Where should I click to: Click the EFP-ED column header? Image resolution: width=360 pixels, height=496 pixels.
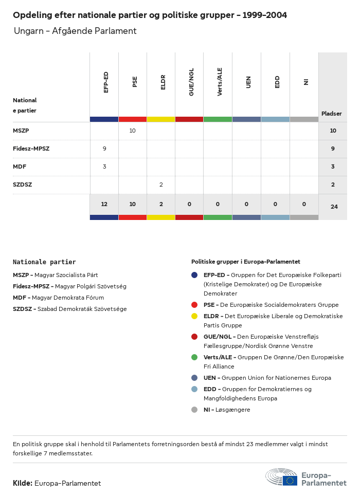(106, 82)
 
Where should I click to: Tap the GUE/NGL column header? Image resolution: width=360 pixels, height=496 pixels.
(191, 82)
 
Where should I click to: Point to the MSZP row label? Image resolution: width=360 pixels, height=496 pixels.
(21, 131)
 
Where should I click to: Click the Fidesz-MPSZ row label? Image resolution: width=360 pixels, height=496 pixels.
(31, 149)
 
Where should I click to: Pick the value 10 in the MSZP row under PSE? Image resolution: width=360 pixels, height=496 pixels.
(132, 131)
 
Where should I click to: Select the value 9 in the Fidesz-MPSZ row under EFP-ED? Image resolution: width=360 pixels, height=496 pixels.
(104, 149)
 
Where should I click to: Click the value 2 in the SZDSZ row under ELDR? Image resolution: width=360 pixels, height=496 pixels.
(161, 185)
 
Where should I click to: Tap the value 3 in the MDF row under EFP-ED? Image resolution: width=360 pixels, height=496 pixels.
(104, 167)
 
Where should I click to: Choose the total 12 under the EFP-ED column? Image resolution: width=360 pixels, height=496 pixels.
(104, 204)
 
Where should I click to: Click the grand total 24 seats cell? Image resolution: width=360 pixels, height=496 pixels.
(333, 207)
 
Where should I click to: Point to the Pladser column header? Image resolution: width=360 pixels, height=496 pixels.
(332, 114)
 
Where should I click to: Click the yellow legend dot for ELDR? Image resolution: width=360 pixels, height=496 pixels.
(194, 316)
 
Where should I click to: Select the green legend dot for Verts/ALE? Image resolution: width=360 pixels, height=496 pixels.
(194, 357)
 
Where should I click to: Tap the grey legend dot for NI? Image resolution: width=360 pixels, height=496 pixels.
(194, 410)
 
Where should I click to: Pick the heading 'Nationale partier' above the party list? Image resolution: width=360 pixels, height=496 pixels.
(44, 262)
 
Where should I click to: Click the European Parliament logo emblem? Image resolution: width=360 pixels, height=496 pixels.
(281, 477)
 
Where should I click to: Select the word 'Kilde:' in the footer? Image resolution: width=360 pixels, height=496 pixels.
(23, 483)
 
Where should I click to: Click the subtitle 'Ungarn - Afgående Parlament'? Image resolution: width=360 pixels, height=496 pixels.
(75, 31)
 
